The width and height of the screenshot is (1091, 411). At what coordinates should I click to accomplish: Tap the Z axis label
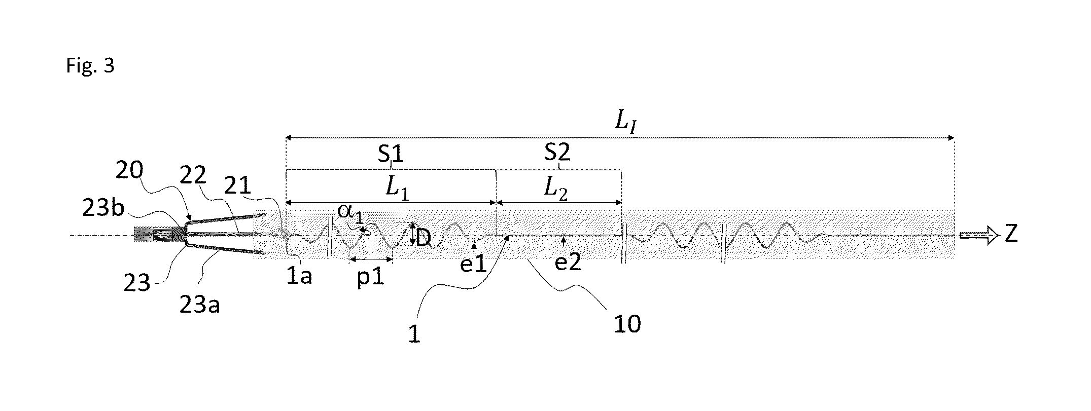click(1011, 235)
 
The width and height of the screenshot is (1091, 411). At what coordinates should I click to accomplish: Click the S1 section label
click(391, 154)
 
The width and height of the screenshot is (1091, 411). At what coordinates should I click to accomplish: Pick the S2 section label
click(557, 152)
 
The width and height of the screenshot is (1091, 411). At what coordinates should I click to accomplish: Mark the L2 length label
click(556, 188)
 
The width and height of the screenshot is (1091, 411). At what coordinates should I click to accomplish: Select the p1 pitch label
click(370, 278)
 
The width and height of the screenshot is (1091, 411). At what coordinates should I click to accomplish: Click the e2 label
click(568, 263)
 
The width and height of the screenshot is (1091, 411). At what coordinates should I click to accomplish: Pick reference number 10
click(627, 324)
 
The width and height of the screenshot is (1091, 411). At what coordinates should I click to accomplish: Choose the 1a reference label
click(299, 276)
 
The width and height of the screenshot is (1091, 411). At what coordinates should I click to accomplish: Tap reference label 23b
click(104, 208)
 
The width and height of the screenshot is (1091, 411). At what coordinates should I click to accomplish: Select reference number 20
click(130, 171)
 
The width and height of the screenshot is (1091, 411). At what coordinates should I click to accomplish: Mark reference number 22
click(193, 175)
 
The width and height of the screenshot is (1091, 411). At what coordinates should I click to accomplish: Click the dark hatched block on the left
click(160, 235)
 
